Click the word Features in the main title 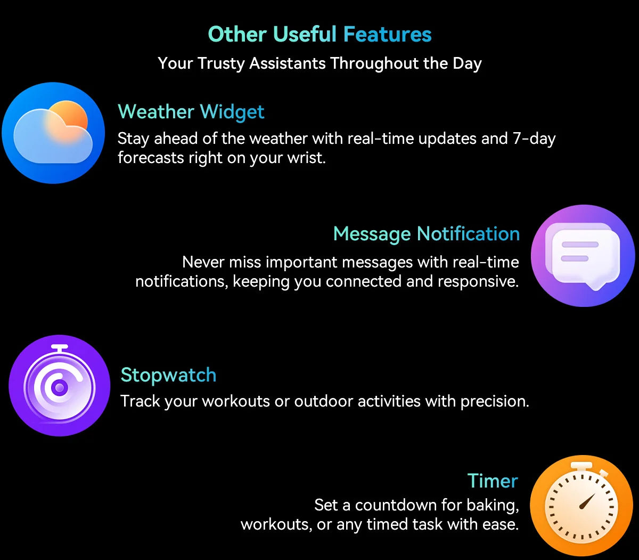pos(387,34)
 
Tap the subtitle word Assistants pos(288,63)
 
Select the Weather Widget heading pos(191,112)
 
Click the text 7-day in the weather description pos(534,139)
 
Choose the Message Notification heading pos(427,234)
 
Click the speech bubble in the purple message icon pos(585,258)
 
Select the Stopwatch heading pos(168,375)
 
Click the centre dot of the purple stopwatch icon pos(59,388)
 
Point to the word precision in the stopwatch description pos(495,402)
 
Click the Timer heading pos(493,481)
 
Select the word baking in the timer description pos(493,506)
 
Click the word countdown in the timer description pos(396,505)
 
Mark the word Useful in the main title pos(305,34)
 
